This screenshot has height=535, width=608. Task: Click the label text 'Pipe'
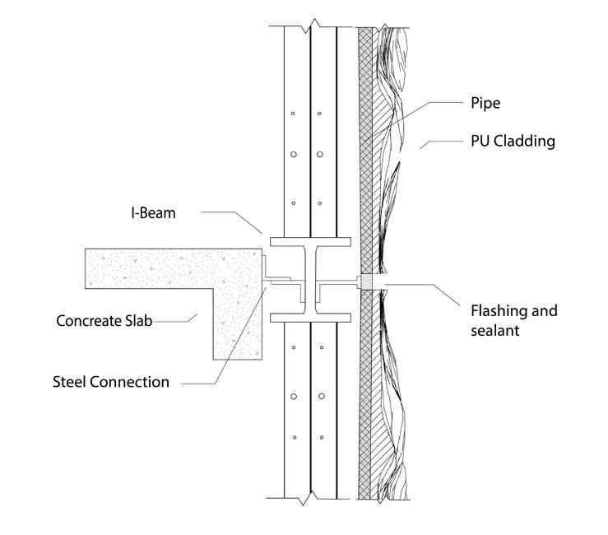point(485,104)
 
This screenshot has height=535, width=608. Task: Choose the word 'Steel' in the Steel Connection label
point(69,382)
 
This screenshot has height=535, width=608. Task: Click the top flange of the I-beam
point(310,243)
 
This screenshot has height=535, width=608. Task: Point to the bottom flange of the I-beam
point(310,317)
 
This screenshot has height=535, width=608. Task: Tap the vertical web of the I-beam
point(310,280)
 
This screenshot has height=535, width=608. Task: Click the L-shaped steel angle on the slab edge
point(267,272)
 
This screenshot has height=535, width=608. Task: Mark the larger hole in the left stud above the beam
point(291,154)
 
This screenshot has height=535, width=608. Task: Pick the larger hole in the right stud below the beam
point(320,397)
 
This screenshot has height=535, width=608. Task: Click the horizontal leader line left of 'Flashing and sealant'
point(420,285)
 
